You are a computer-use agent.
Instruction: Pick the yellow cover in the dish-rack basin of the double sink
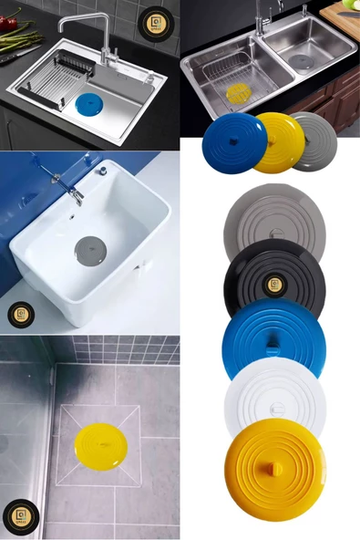237,91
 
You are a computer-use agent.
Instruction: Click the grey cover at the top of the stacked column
273,219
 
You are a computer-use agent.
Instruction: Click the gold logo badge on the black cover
273,285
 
